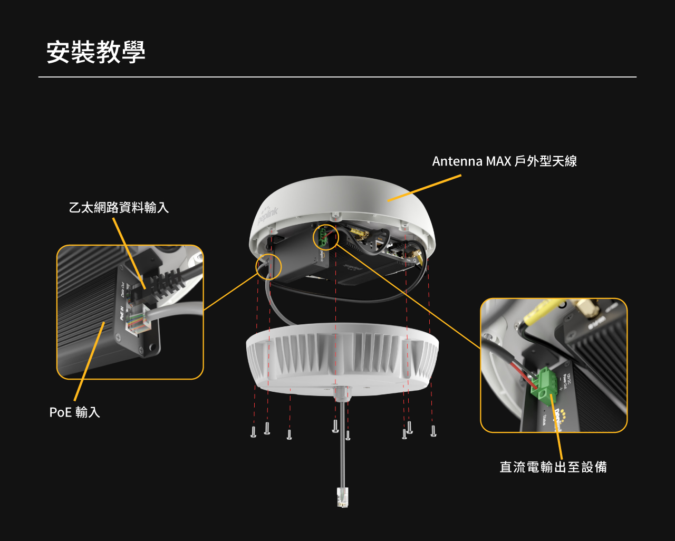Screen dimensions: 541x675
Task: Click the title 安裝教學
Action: coord(95,52)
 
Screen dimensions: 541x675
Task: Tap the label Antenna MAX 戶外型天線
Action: coord(504,161)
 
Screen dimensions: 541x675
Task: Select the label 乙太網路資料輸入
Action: coord(119,207)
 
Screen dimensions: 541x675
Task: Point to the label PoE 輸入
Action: coord(74,412)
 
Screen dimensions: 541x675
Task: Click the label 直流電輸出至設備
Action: coord(553,467)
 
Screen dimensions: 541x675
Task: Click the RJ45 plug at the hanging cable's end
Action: coord(343,497)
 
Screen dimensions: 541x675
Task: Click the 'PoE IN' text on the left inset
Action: coord(122,314)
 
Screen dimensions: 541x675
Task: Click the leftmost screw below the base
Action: coord(253,432)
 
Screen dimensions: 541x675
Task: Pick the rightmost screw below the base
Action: coord(433,431)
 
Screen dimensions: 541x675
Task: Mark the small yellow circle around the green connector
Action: coord(325,237)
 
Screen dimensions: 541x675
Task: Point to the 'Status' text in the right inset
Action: coord(544,420)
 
